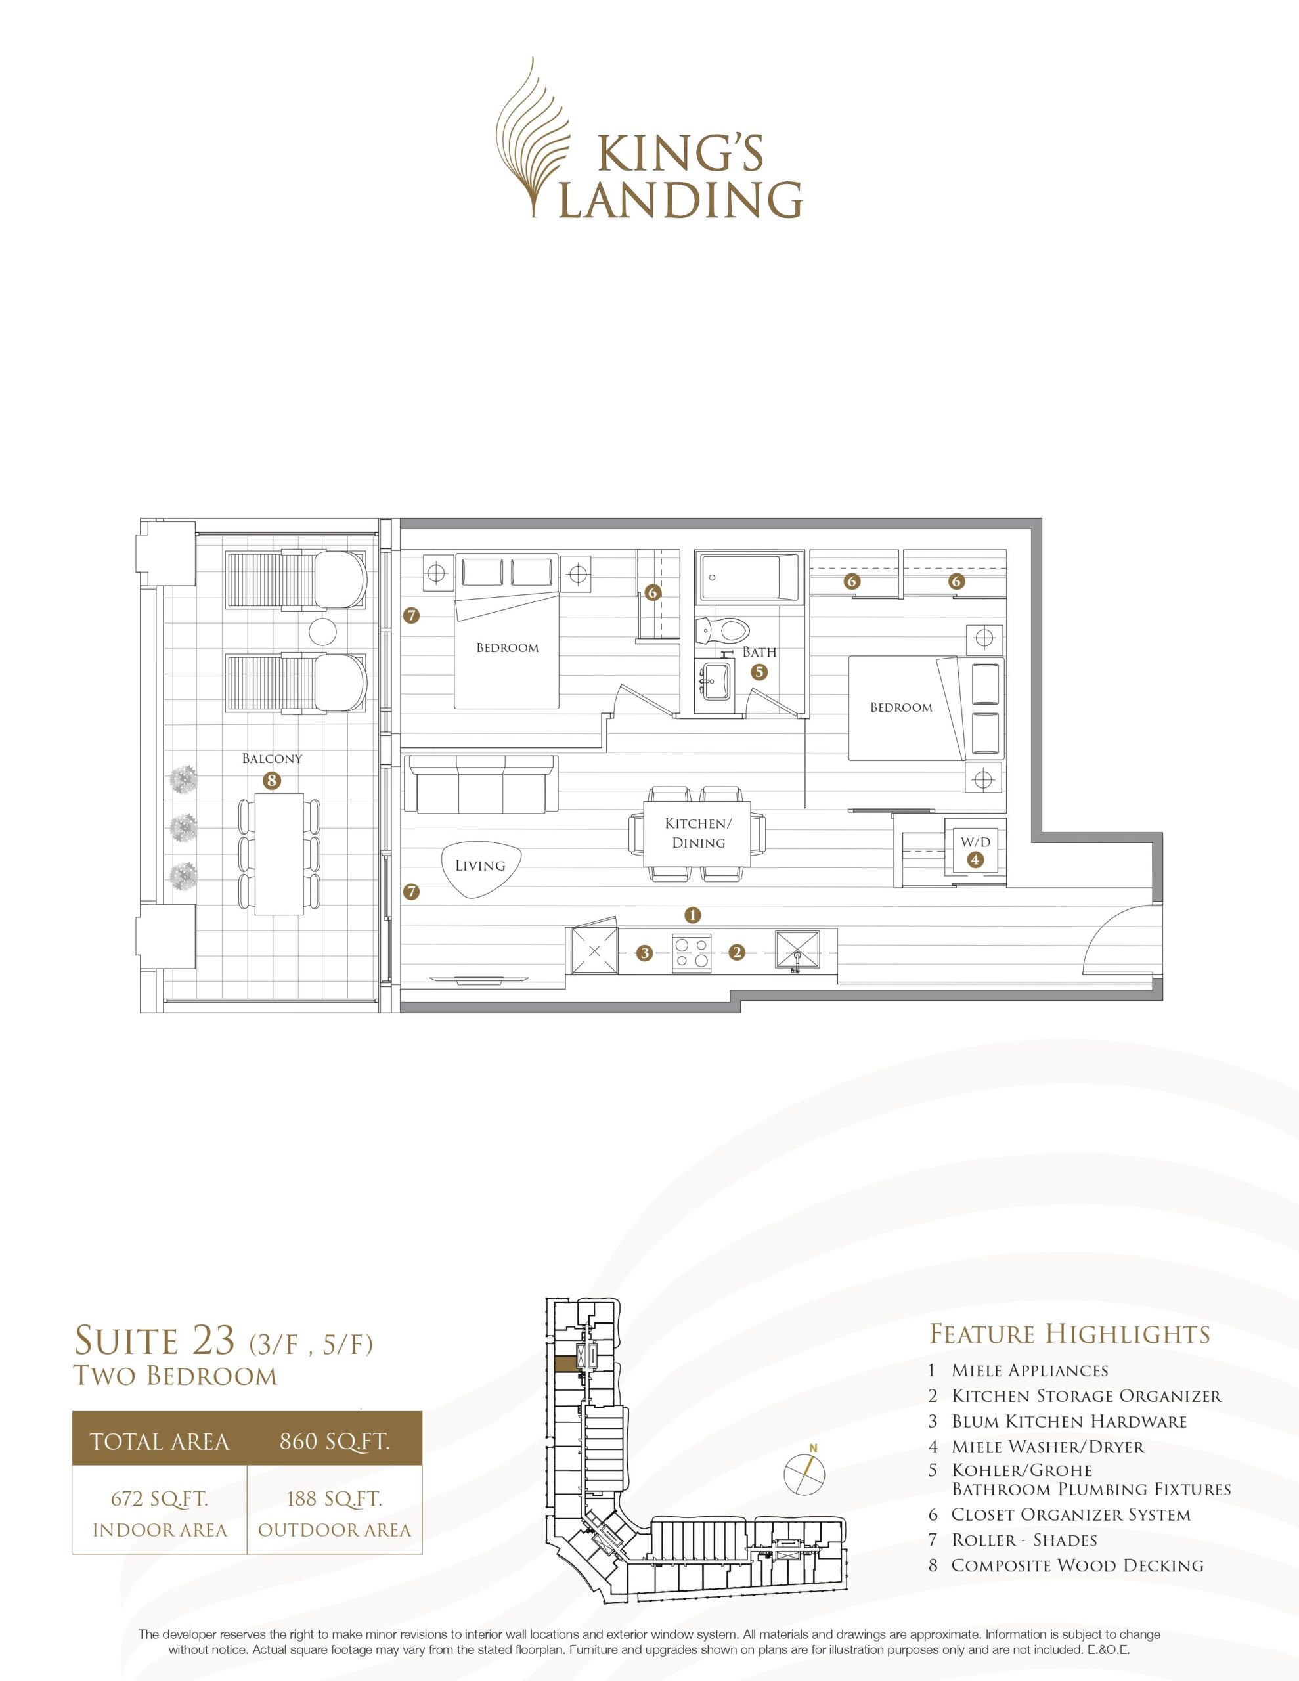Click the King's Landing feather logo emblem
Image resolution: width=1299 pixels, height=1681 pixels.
[537, 139]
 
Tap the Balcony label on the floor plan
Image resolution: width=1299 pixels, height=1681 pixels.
[272, 759]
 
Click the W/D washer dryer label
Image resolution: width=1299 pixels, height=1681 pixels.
[975, 842]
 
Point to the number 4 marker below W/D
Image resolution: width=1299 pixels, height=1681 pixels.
[976, 860]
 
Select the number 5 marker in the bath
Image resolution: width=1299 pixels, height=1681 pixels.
[759, 672]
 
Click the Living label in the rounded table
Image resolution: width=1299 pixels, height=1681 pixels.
[479, 865]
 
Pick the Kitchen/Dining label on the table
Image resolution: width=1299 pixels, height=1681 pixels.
[698, 833]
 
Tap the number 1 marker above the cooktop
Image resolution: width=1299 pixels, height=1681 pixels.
[693, 915]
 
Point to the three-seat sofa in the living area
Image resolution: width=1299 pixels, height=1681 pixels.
[481, 783]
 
